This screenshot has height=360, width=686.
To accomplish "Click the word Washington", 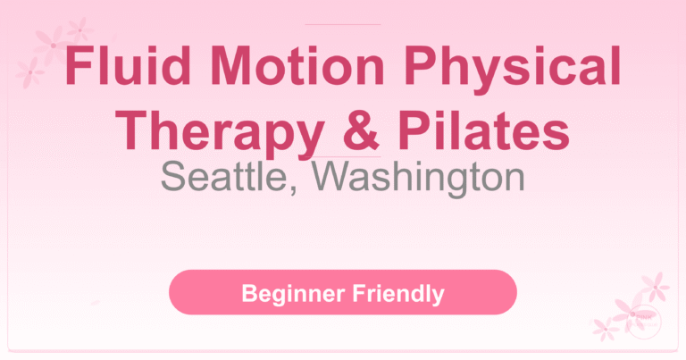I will point(420,178).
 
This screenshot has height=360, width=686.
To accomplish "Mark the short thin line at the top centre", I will point(342,24).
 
